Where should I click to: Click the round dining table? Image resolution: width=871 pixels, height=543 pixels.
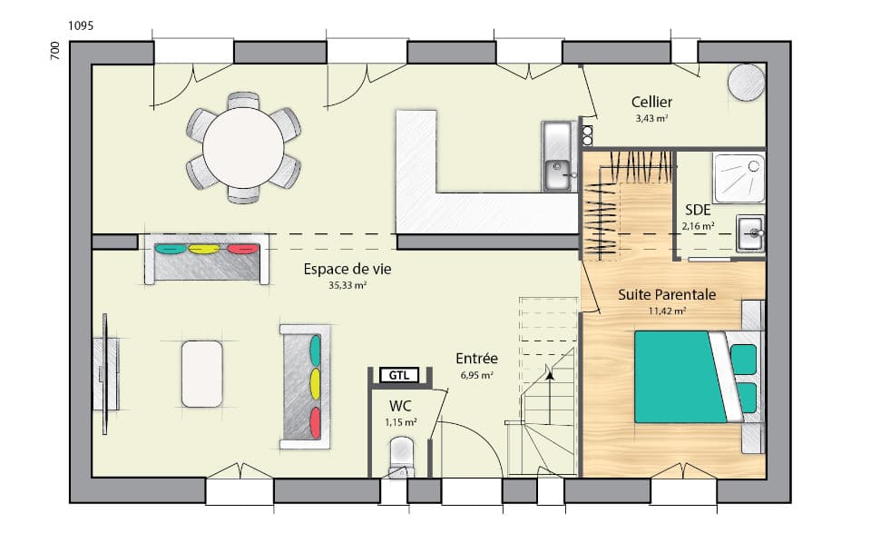pyautogui.click(x=242, y=146)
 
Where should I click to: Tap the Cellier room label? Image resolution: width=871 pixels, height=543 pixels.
pyautogui.click(x=652, y=102)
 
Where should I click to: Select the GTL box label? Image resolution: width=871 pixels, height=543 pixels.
pyautogui.click(x=398, y=375)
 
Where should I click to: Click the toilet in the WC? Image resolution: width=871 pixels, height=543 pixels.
pyautogui.click(x=400, y=455)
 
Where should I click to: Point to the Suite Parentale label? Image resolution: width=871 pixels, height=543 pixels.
pyautogui.click(x=667, y=294)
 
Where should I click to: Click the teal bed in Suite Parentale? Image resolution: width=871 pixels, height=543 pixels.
pyautogui.click(x=680, y=377)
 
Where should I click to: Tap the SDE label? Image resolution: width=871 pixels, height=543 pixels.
pyautogui.click(x=698, y=208)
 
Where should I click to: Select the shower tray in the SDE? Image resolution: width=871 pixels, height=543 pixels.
pyautogui.click(x=739, y=178)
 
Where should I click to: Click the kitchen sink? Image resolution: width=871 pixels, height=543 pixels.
pyautogui.click(x=556, y=168)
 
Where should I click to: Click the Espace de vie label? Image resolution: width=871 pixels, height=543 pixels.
pyautogui.click(x=341, y=269)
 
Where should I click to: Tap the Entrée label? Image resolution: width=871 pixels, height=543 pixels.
pyautogui.click(x=476, y=359)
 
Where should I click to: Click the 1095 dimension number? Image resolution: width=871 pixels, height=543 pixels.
pyautogui.click(x=81, y=25)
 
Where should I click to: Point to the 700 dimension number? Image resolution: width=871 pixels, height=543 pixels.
pyautogui.click(x=55, y=51)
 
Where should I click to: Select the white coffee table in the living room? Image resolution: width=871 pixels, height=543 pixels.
pyautogui.click(x=202, y=373)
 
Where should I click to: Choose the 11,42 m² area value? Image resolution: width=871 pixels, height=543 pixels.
pyautogui.click(x=667, y=311)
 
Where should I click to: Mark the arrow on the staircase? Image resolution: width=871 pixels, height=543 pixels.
pyautogui.click(x=549, y=371)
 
